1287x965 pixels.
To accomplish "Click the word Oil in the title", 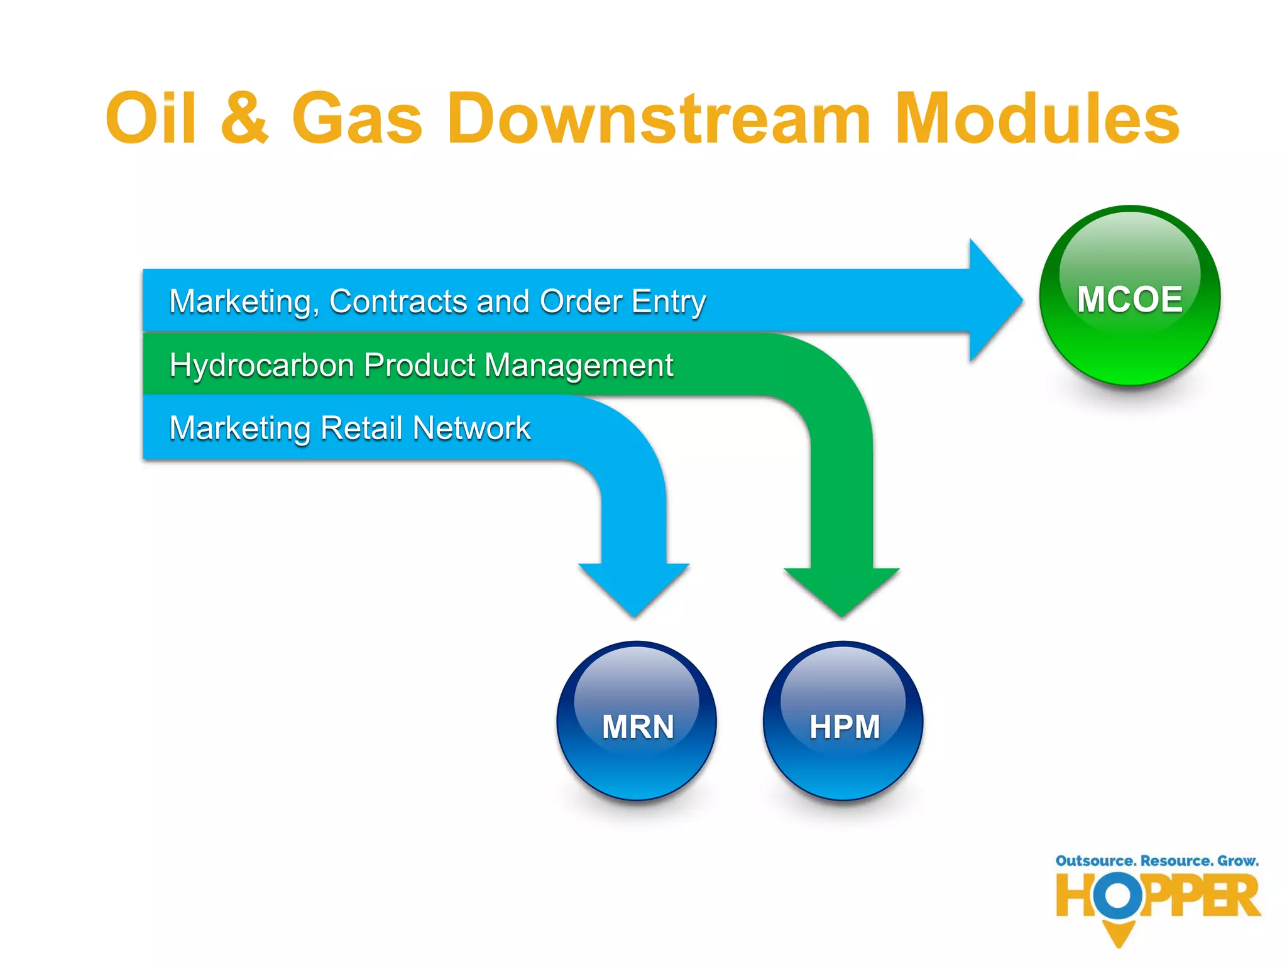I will point(151,118).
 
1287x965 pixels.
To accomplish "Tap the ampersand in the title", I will point(245,118).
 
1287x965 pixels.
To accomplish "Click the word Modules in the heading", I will point(1037,118).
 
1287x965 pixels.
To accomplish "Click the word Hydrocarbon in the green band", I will point(261,366).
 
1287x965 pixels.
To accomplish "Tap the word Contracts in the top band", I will point(398,302).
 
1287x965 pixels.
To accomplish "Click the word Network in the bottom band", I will point(471,428).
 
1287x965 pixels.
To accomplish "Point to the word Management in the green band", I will point(578,366).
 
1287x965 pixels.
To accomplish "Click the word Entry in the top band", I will point(669,302).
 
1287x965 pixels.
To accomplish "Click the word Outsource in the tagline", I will point(1095,861).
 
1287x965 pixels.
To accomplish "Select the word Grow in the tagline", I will point(1237,861).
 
